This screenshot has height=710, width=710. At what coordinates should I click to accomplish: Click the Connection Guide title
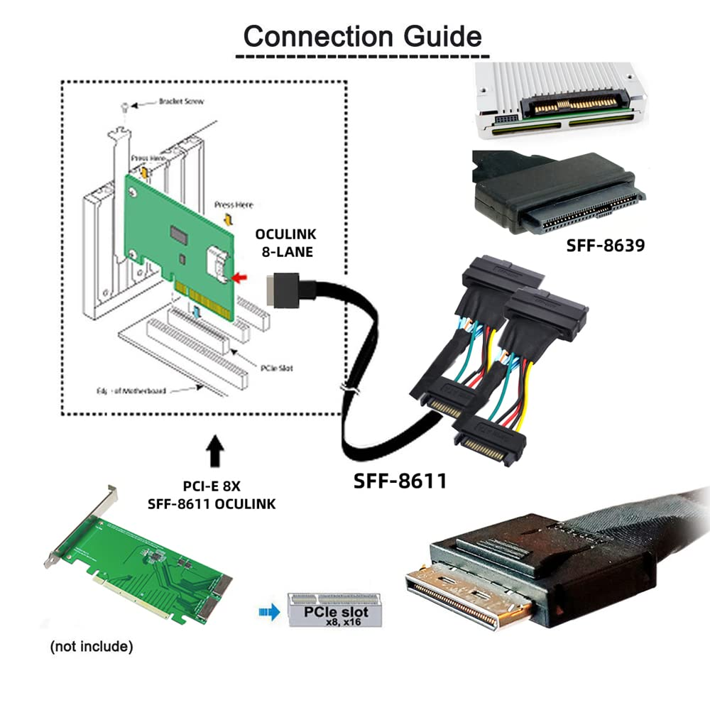pyautogui.click(x=362, y=35)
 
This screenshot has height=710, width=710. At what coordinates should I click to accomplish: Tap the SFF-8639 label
pyautogui.click(x=605, y=246)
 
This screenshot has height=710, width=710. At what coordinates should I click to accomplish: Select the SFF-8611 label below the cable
pyautogui.click(x=400, y=481)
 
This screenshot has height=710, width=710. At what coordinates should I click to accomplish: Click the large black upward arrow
pyautogui.click(x=215, y=453)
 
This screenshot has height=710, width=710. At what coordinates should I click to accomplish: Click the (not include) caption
pyautogui.click(x=91, y=647)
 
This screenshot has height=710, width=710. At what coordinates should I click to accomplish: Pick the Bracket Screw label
pyautogui.click(x=181, y=102)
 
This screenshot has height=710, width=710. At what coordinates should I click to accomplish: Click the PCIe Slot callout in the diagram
pyautogui.click(x=277, y=368)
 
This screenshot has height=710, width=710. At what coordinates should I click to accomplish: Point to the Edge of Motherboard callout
pyautogui.click(x=141, y=390)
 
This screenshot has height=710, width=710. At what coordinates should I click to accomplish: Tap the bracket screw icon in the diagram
pyautogui.click(x=125, y=106)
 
